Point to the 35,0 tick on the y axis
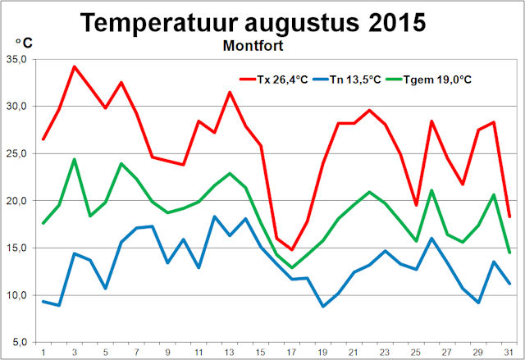point(16,59)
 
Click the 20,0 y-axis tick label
point(16,200)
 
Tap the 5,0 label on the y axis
point(19,341)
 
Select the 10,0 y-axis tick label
point(16,294)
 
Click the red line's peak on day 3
point(75,66)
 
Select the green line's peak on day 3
point(75,159)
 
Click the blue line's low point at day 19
point(322,306)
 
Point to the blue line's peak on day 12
point(214,216)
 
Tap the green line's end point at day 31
point(509,252)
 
